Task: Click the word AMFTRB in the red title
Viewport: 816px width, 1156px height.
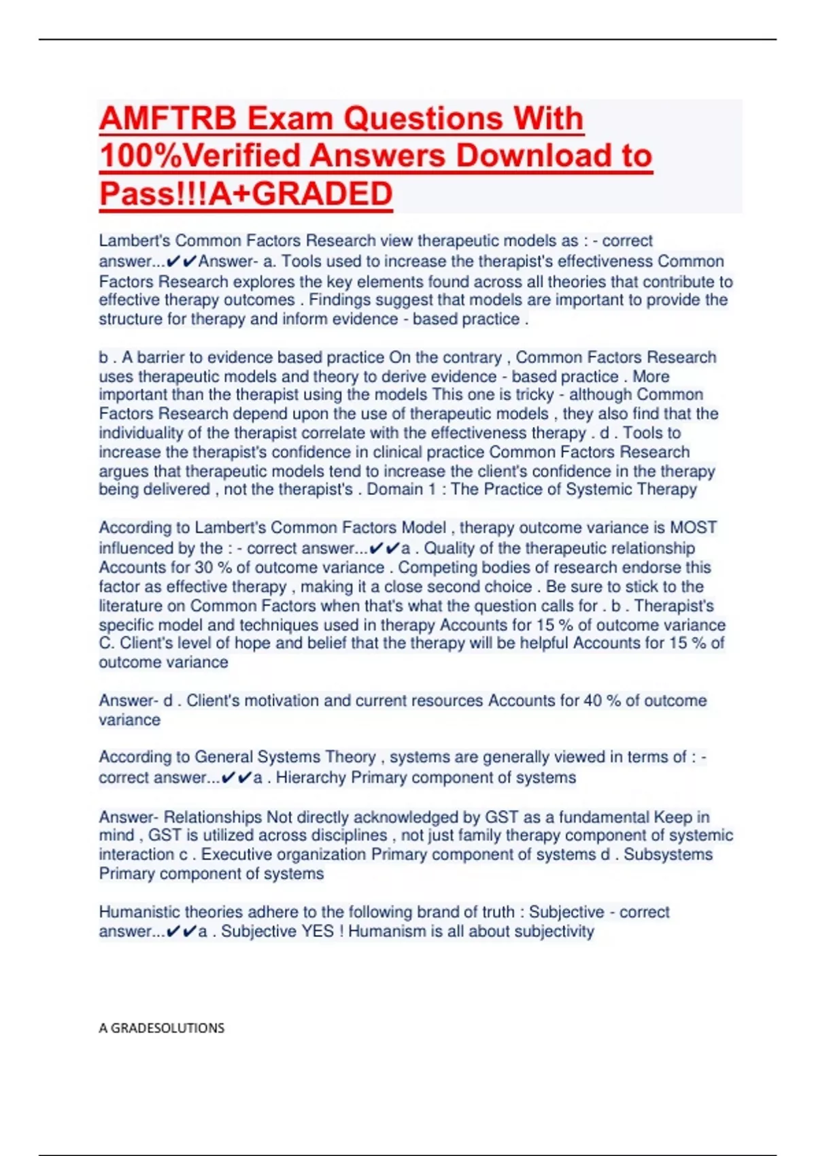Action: [x=167, y=119]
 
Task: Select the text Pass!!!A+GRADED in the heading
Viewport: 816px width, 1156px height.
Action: [x=245, y=194]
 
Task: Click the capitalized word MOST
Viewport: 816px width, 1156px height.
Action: [x=694, y=528]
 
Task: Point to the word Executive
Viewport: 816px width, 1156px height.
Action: [x=231, y=855]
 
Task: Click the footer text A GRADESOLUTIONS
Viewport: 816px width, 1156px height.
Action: [x=161, y=1028]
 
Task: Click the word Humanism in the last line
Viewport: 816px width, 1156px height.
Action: [x=386, y=932]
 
